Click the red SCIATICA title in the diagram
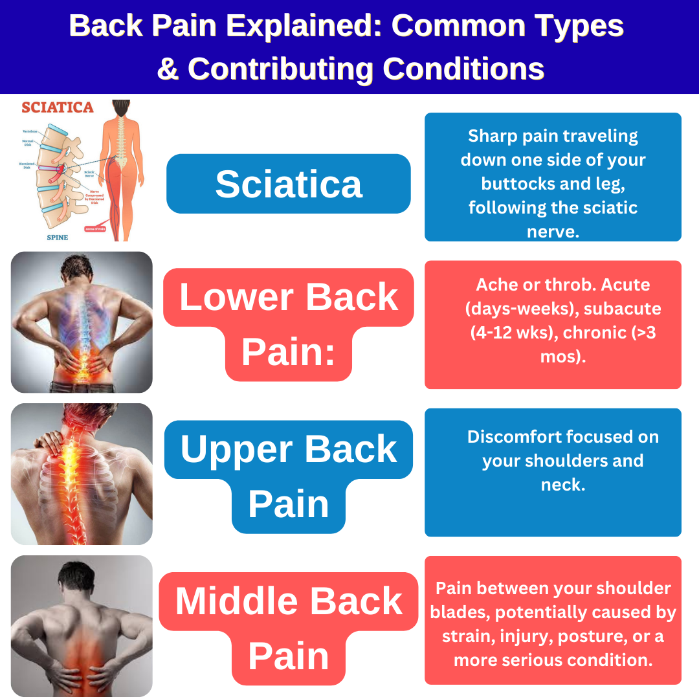58,107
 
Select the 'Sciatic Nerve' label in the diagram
90,173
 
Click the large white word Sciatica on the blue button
289,184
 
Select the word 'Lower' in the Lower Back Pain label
236,297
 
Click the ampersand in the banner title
168,69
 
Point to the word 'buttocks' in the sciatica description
513,184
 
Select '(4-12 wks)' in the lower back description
512,332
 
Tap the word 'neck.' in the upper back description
563,485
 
